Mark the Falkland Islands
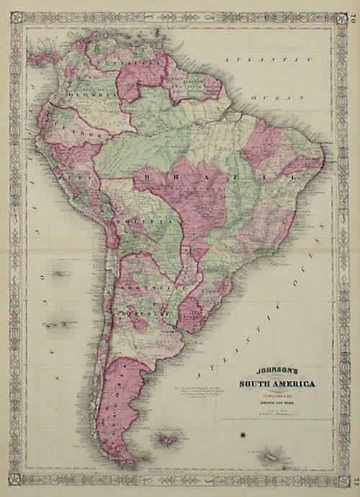coord(170,439)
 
